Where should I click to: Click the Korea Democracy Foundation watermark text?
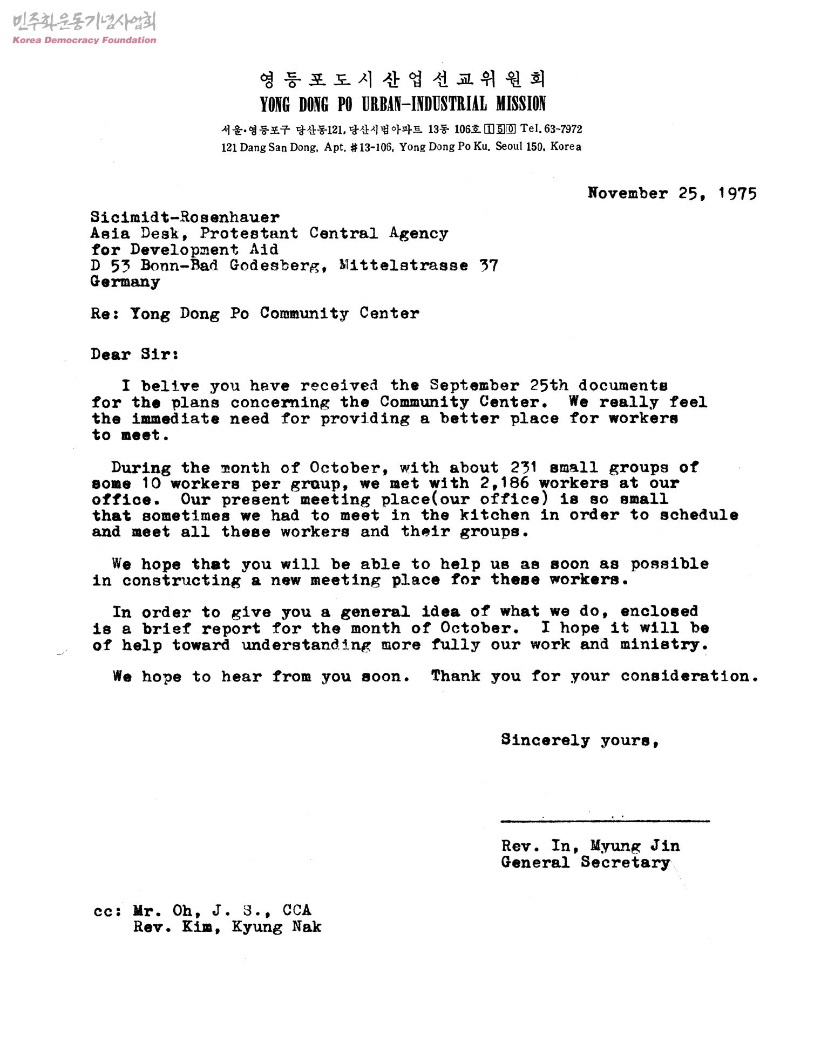(x=84, y=40)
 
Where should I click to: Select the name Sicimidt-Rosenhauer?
(x=185, y=217)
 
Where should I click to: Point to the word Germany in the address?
(x=125, y=282)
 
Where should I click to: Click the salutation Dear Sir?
(x=134, y=354)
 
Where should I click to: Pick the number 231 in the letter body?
(x=523, y=467)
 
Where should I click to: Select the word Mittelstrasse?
(x=403, y=265)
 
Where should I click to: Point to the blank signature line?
(x=605, y=821)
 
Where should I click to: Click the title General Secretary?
(x=585, y=862)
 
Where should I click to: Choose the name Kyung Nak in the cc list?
(x=276, y=927)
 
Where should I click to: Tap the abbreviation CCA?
(x=297, y=911)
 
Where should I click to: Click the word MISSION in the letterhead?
(x=521, y=104)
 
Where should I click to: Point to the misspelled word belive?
(x=170, y=386)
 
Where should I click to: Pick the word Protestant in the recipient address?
(x=249, y=234)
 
